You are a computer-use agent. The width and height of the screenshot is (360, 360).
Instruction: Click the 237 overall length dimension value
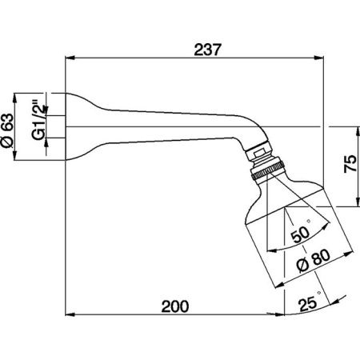tap(208, 50)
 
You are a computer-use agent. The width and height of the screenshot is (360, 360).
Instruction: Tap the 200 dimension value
tap(175, 306)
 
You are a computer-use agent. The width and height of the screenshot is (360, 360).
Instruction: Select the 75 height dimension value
tap(350, 164)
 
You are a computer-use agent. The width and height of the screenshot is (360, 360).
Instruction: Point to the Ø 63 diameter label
tap(7, 130)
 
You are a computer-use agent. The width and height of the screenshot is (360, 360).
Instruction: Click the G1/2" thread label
tap(38, 120)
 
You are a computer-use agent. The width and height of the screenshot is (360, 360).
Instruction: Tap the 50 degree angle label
tap(301, 233)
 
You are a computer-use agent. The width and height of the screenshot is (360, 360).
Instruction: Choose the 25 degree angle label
tap(308, 304)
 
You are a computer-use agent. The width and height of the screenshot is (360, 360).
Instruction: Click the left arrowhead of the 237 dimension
tap(70, 58)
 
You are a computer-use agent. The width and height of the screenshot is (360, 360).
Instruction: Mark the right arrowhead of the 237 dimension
tap(319, 58)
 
